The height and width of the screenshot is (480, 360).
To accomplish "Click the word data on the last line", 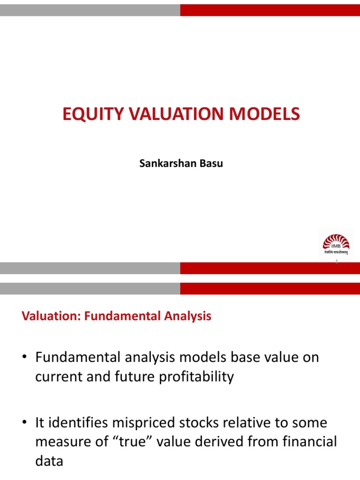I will coord(49,461).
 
